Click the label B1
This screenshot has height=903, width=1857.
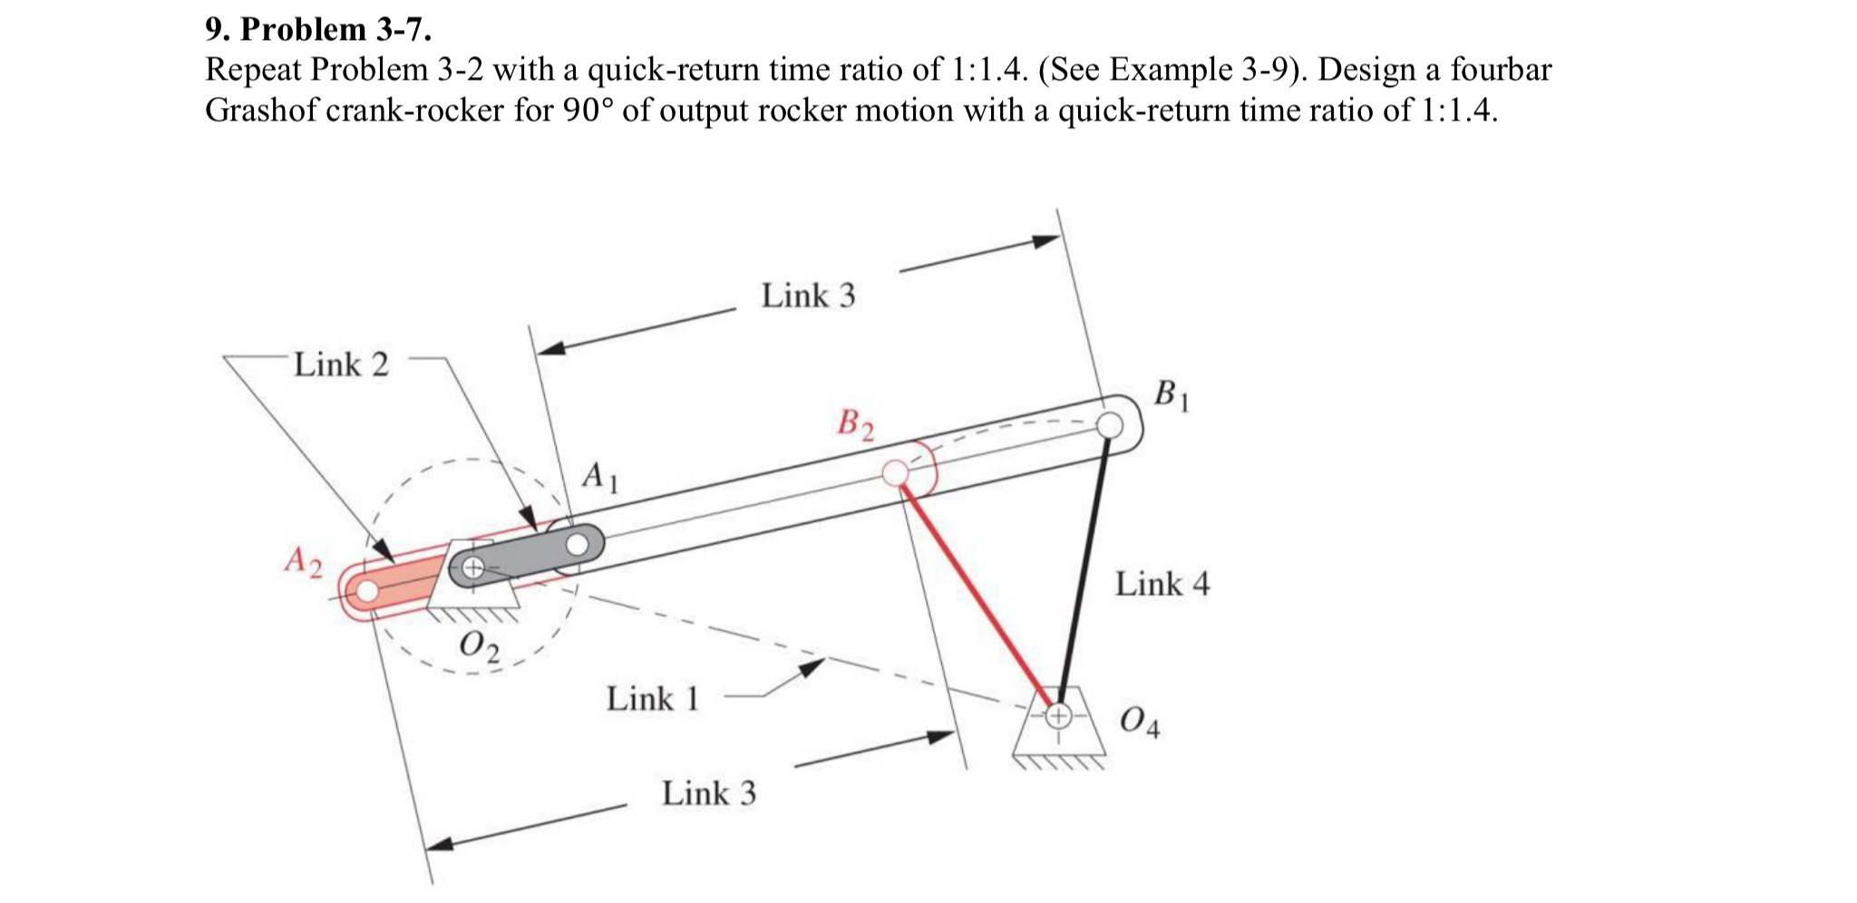coord(1172,396)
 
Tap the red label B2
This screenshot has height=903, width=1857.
coord(856,424)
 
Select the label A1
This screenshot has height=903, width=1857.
coord(599,477)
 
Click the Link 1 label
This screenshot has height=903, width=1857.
coord(653,700)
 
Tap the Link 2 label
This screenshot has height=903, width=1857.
coord(341,365)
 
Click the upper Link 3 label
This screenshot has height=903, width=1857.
coord(808,296)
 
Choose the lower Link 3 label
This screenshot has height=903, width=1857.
coord(708,794)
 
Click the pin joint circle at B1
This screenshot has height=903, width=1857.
coord(1109,424)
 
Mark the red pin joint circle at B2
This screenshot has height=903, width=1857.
coord(895,472)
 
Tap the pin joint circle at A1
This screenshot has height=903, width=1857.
coord(578,545)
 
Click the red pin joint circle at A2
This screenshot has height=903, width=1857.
coord(366,591)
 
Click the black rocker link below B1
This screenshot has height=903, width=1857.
coord(1084,567)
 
